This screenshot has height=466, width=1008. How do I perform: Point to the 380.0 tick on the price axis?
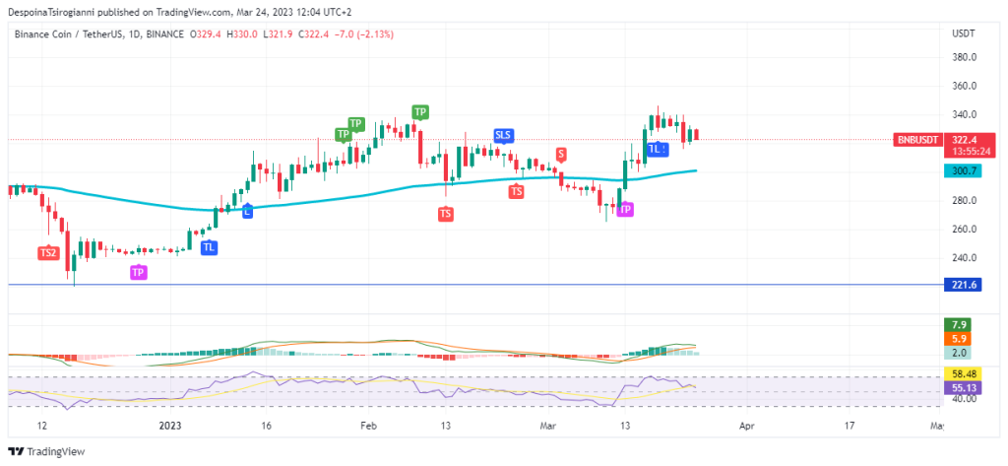[x=964, y=57]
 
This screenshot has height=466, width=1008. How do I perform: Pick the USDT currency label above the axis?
[x=964, y=33]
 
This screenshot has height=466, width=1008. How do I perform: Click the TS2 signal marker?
[x=48, y=253]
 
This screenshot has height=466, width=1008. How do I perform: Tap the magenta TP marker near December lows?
[x=138, y=272]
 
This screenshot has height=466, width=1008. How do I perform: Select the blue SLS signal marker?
[x=503, y=135]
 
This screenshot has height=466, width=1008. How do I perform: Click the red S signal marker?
[x=561, y=154]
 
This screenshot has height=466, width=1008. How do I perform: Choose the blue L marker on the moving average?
[x=247, y=211]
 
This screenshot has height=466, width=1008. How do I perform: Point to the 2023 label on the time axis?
[x=170, y=426]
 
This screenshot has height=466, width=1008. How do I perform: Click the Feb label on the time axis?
[x=368, y=426]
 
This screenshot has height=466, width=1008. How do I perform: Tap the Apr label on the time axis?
[x=747, y=426]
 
